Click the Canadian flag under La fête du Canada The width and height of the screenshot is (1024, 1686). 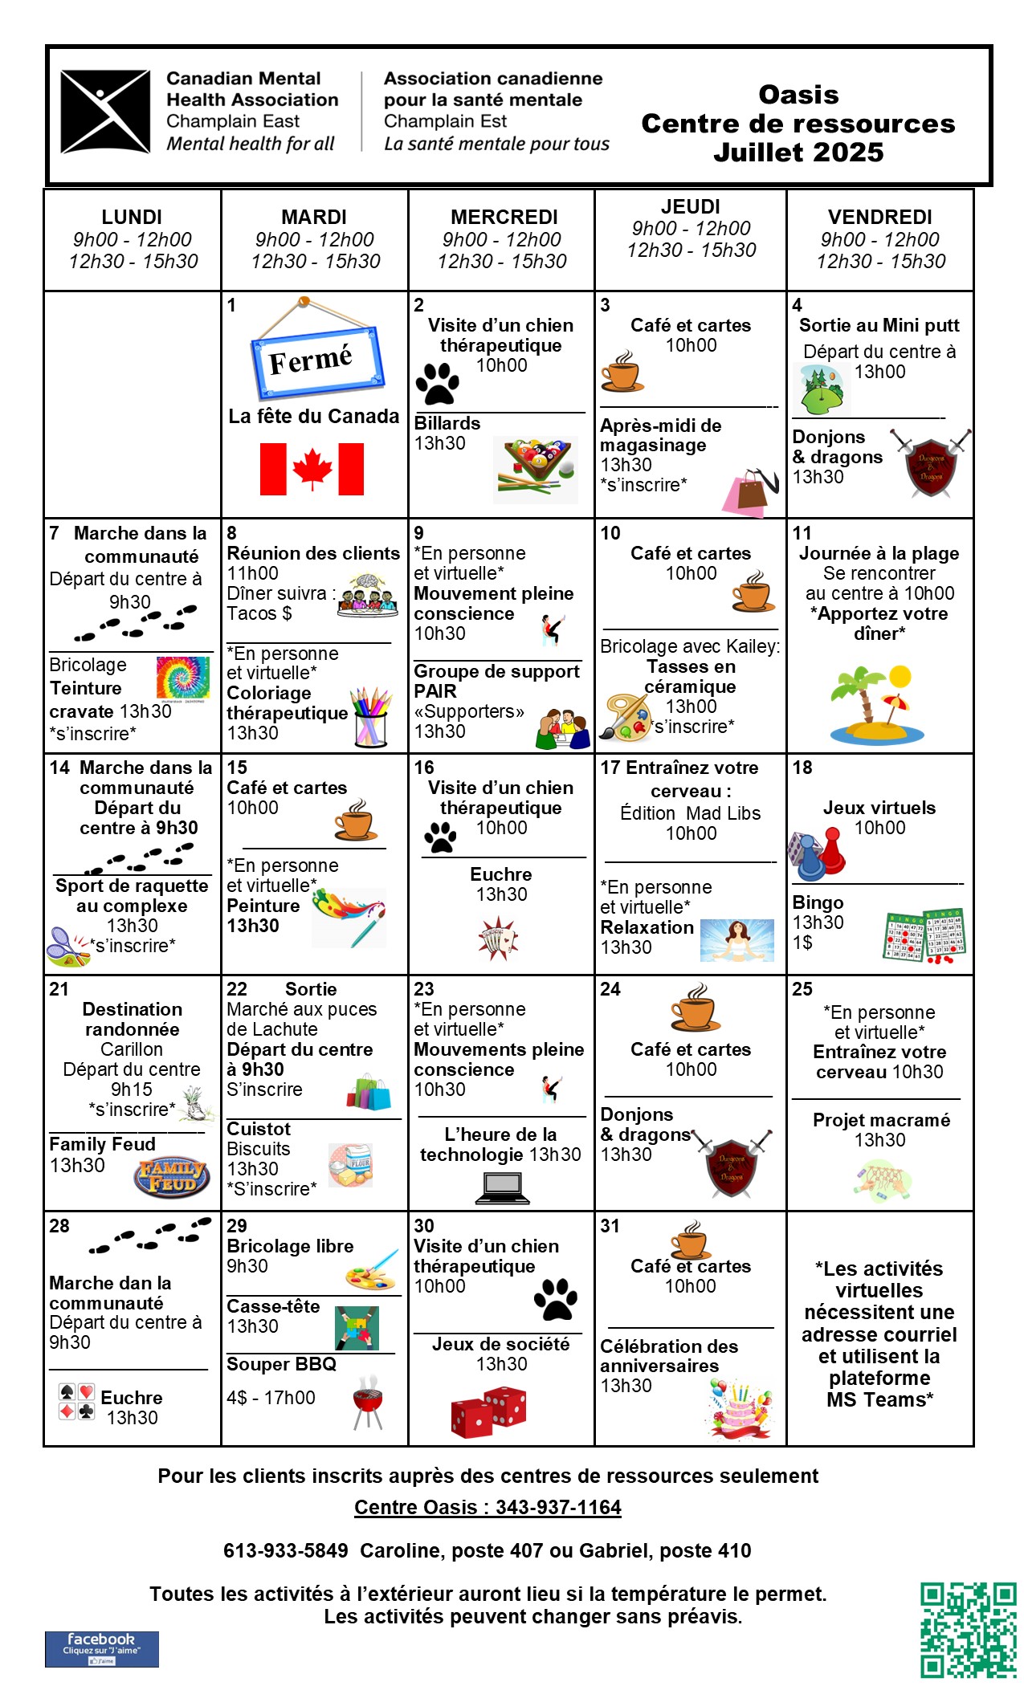[x=312, y=469]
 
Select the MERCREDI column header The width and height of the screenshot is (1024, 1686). [x=504, y=218]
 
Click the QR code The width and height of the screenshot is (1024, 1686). [x=968, y=1630]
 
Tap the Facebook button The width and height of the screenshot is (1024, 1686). [x=101, y=1649]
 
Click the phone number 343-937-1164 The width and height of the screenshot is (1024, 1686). [x=558, y=1507]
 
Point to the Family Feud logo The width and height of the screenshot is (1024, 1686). [x=171, y=1176]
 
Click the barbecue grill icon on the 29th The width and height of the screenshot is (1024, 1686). [x=368, y=1402]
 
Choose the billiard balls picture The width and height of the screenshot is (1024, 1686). [x=536, y=469]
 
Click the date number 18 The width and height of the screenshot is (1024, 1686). [x=802, y=768]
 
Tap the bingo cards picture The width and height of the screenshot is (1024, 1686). [x=924, y=936]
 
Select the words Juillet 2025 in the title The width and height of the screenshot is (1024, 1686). [x=798, y=153]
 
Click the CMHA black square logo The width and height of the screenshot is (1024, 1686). [x=105, y=112]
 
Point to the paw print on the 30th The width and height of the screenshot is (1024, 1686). [x=556, y=1298]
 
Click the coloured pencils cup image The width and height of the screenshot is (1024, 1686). [x=370, y=717]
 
